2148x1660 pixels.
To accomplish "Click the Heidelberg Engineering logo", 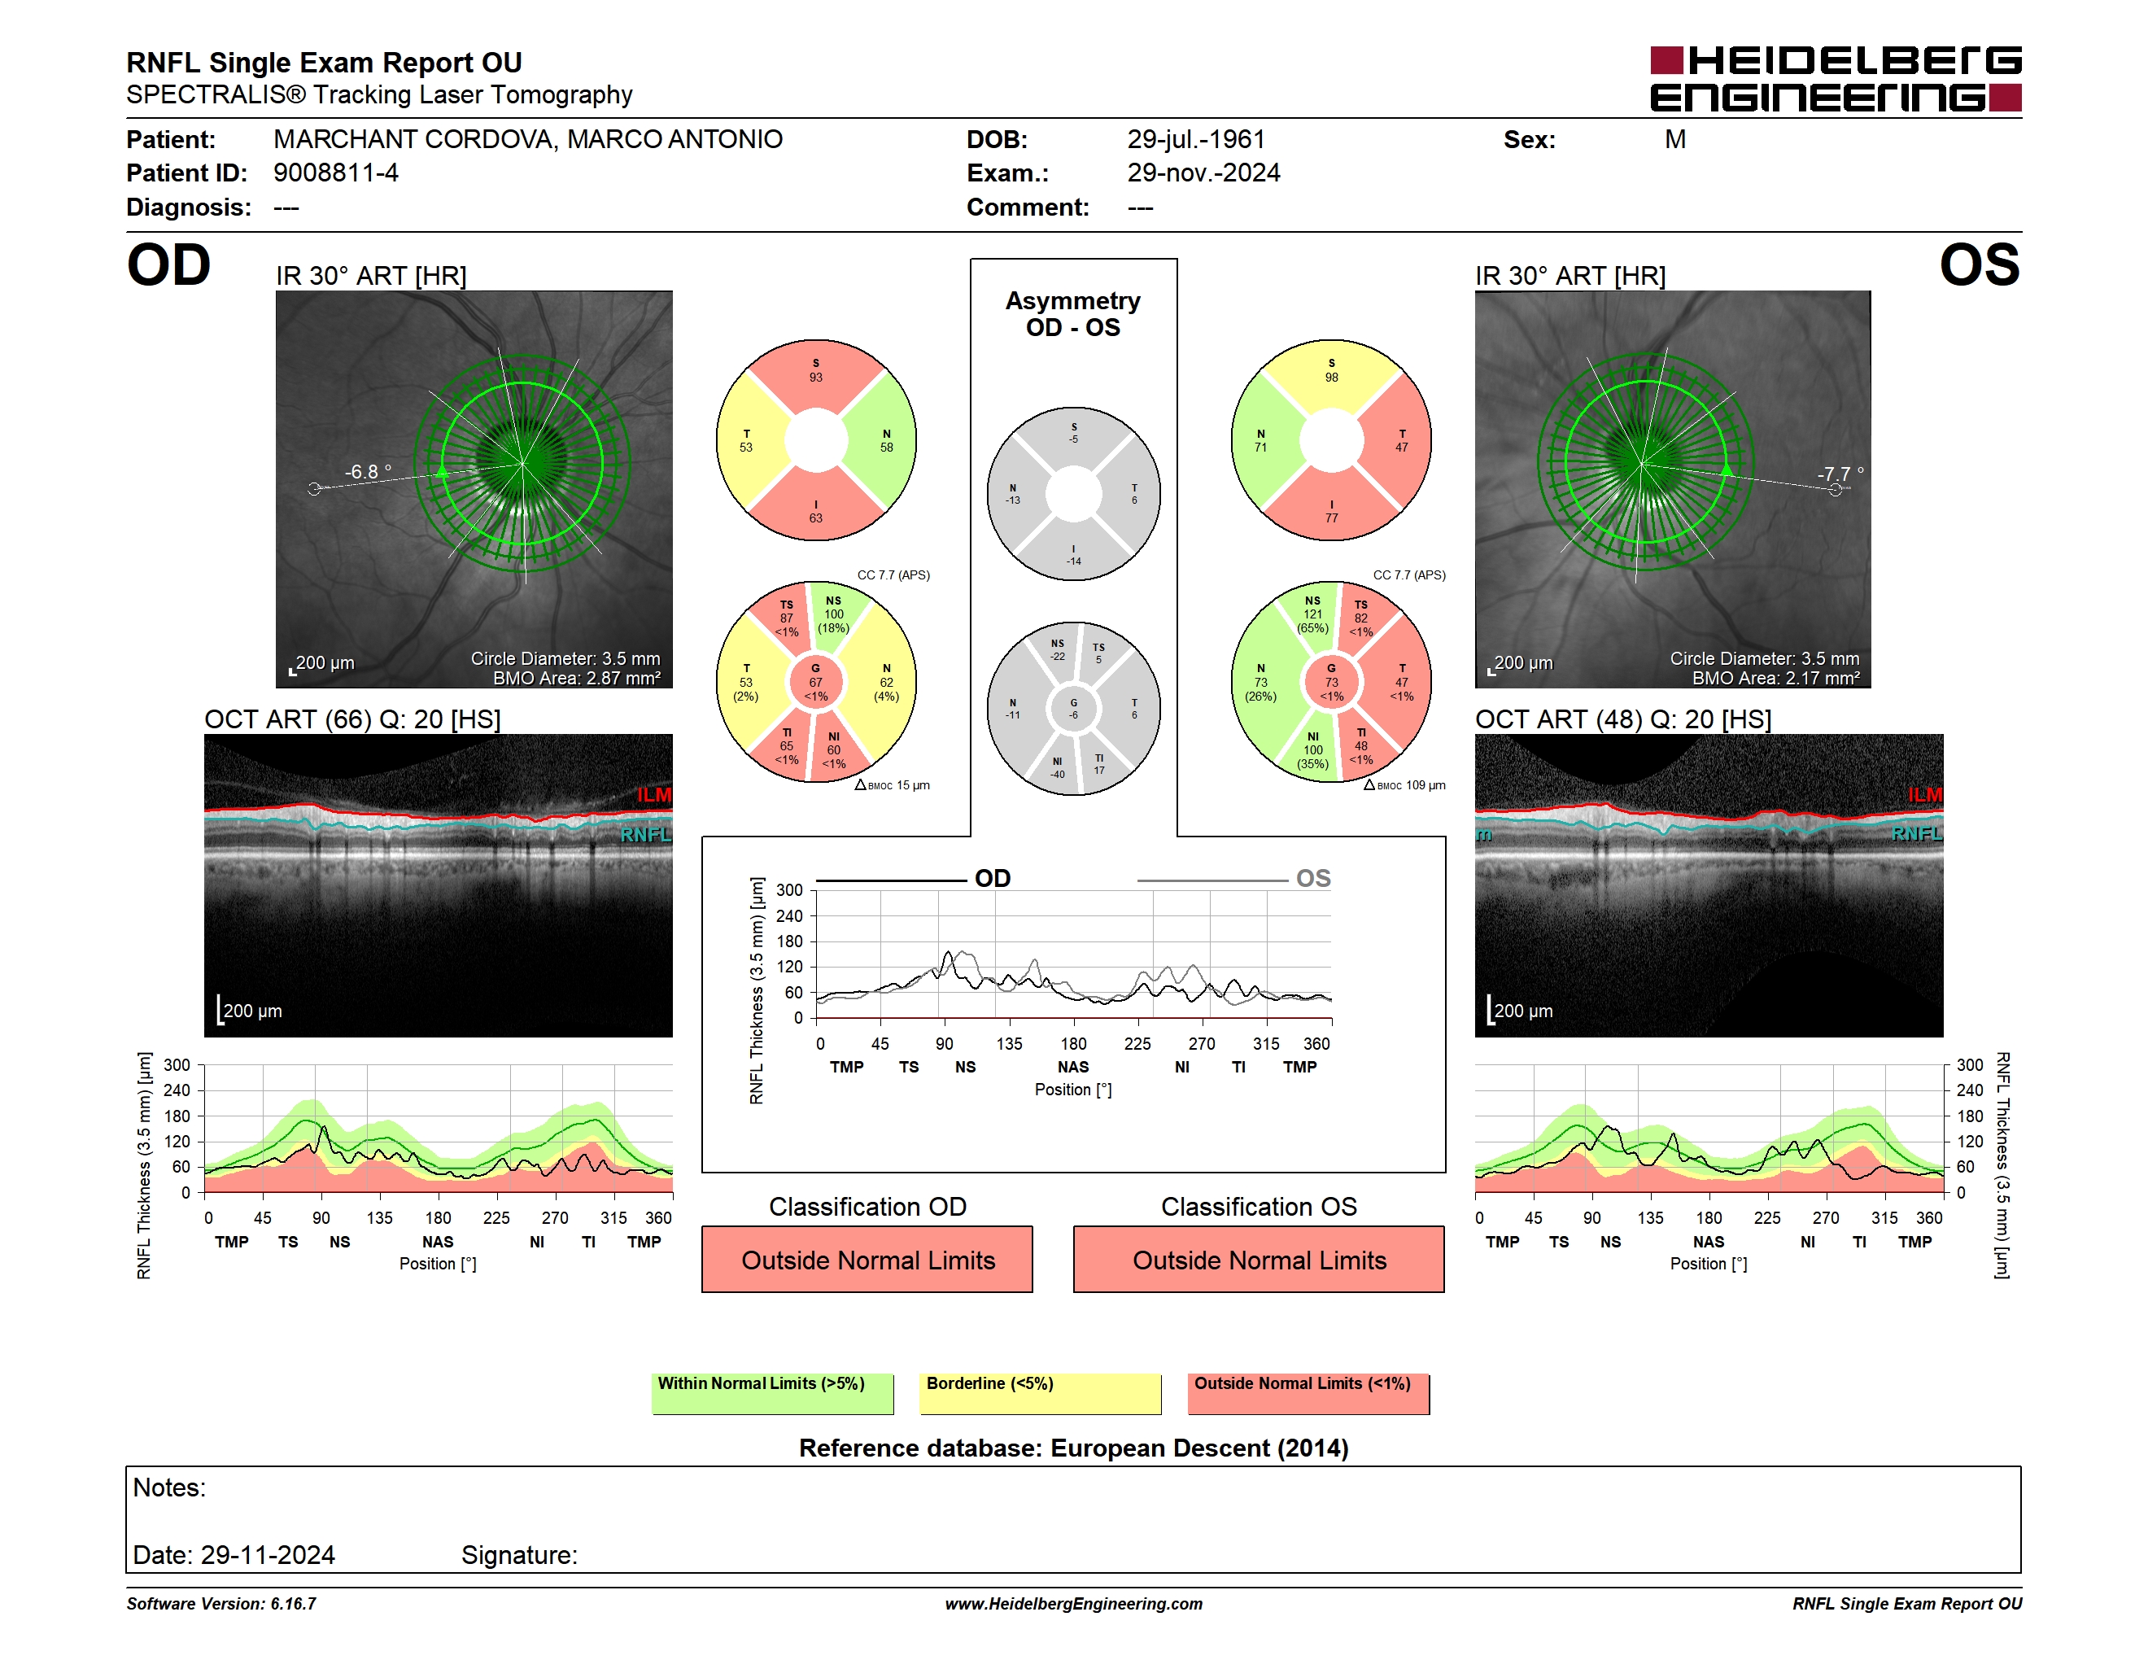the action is pyautogui.click(x=1836, y=79).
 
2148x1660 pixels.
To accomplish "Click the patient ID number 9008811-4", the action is pyautogui.click(x=335, y=173).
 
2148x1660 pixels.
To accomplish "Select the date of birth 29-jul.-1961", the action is pyautogui.click(x=1196, y=140).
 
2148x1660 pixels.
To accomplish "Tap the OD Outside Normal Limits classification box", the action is pyautogui.click(x=867, y=1259).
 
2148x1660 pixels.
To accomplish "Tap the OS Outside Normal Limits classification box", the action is pyautogui.click(x=1259, y=1259).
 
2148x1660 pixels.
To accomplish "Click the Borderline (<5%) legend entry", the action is pyautogui.click(x=1041, y=1393).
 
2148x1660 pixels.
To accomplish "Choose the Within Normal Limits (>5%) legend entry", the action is pyautogui.click(x=773, y=1393).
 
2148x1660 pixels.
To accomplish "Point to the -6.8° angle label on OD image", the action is pyautogui.click(x=368, y=472).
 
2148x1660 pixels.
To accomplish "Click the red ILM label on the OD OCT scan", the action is pyautogui.click(x=653, y=794).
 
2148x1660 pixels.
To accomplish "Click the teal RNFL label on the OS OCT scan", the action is pyautogui.click(x=1916, y=834).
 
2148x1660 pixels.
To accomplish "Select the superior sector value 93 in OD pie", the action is pyautogui.click(x=816, y=378).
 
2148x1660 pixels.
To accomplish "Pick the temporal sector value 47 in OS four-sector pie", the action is pyautogui.click(x=1402, y=448).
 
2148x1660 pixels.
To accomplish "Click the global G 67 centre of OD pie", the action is pyautogui.click(x=815, y=682).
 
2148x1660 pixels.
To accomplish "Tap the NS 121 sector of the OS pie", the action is pyautogui.click(x=1313, y=614).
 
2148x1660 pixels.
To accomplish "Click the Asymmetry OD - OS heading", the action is pyautogui.click(x=1073, y=314).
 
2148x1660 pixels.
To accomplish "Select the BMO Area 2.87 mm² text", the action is pyautogui.click(x=576, y=678).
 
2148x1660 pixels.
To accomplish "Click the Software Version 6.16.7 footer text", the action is pyautogui.click(x=221, y=1604).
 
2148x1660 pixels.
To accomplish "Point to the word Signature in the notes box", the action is pyautogui.click(x=518, y=1555).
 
